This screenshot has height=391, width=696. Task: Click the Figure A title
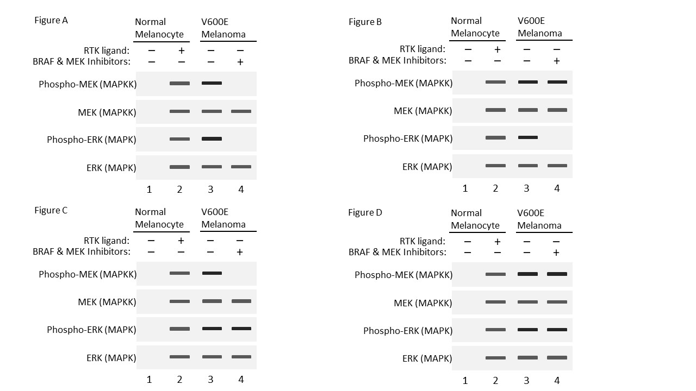pos(51,21)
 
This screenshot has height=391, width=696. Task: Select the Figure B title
pos(365,22)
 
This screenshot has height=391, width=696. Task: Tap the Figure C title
pos(51,210)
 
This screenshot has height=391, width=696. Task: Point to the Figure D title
pos(365,212)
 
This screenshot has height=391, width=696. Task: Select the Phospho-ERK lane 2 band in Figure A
pos(179,139)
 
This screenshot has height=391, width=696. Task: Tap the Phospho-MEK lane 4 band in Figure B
pos(557,82)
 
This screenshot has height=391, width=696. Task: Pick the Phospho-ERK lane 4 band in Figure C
pos(241,329)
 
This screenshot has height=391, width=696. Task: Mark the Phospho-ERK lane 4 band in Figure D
pos(557,330)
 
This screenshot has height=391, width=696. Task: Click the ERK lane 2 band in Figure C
pos(179,357)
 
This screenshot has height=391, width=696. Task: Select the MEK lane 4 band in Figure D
pos(557,302)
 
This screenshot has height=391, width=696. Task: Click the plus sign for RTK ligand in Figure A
pos(181,51)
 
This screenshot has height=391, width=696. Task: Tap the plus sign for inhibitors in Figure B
pos(556,61)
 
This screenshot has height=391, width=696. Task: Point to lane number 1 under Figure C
pos(149,380)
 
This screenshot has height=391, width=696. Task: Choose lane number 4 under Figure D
pos(557,381)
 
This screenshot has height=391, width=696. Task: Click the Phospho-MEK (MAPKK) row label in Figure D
pos(403,275)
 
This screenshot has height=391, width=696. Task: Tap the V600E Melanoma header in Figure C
pos(223,218)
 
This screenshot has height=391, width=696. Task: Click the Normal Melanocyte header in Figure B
pos(475,27)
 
